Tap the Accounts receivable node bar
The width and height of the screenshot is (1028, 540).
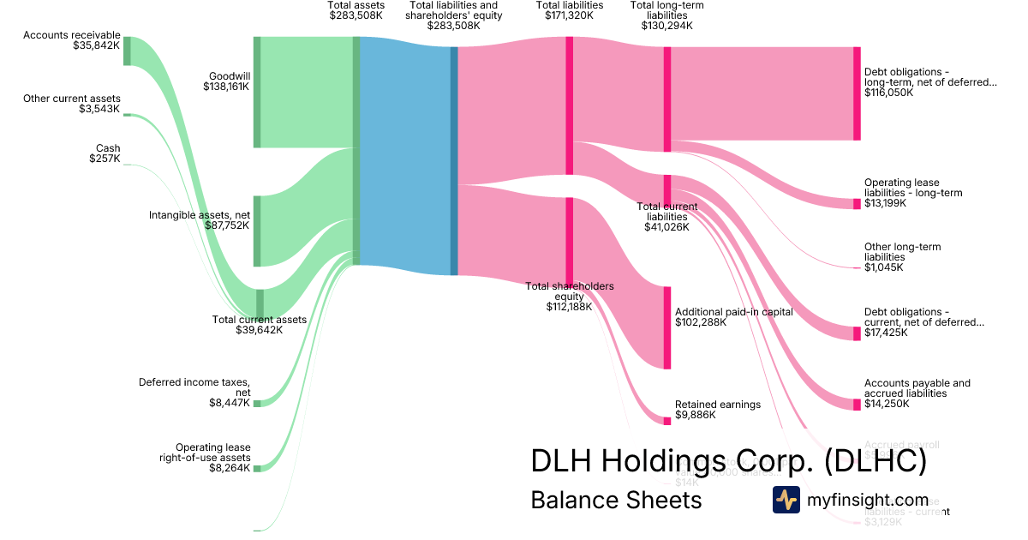coord(127,51)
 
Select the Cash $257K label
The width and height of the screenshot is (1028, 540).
coord(106,153)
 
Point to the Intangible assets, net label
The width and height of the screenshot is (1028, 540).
coord(200,214)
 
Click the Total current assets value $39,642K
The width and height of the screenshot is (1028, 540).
coord(259,330)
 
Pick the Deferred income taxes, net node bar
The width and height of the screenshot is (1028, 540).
coord(256,403)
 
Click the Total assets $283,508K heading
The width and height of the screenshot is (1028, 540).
coord(356,10)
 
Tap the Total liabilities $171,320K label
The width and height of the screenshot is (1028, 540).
coord(569,10)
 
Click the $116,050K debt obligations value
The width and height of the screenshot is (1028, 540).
coord(888,93)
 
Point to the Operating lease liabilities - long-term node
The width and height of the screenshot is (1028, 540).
coord(857,204)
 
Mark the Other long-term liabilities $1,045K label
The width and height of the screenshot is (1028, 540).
coord(901,257)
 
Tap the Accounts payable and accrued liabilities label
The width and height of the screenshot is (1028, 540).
coord(917,388)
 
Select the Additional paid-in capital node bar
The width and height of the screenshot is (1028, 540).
coord(667,328)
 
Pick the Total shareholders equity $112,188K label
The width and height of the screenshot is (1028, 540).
coord(569,297)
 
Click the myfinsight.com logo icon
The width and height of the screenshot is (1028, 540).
coord(786,500)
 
